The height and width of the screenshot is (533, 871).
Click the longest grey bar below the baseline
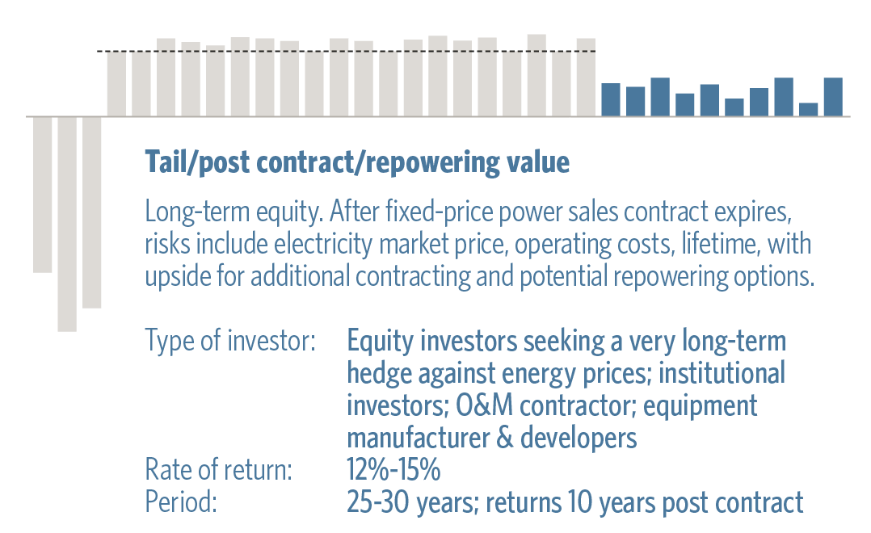pos(67,225)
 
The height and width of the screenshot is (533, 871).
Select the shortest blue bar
pos(808,109)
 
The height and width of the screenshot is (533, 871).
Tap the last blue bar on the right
pos(833,97)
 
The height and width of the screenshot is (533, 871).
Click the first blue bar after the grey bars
pos(611,99)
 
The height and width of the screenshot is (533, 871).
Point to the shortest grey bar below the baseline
pos(42,195)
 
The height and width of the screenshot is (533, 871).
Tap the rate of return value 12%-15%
pos(393,469)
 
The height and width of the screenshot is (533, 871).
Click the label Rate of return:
pos(218,469)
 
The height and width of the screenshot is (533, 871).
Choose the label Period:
pos(180,502)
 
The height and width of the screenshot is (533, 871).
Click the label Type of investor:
pos(230,340)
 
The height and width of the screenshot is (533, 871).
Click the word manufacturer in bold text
pos(416,438)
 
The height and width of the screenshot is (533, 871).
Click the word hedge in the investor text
pos(379,374)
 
